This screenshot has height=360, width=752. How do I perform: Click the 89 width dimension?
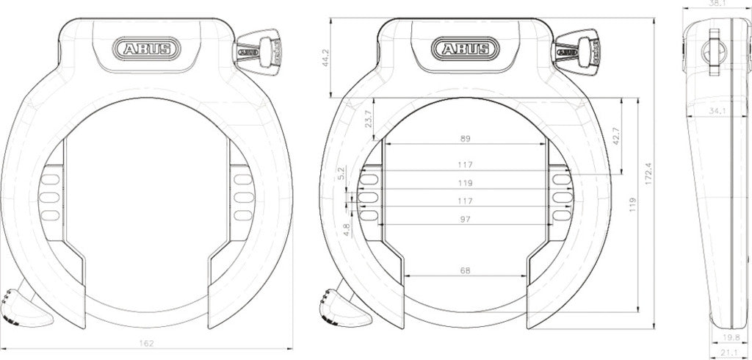pos(464,138)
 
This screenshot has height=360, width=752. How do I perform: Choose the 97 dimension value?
pos(464,219)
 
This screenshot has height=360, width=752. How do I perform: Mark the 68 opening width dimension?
pos(464,270)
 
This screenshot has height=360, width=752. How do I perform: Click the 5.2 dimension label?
pos(341,173)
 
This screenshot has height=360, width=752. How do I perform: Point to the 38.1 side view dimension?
pos(715,4)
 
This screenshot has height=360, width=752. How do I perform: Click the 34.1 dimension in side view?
pos(718,111)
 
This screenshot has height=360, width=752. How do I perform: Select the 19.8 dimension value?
pos(730,337)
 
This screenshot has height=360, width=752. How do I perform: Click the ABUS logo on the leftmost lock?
pos(146,49)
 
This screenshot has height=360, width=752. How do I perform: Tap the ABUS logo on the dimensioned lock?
pos(466,49)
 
